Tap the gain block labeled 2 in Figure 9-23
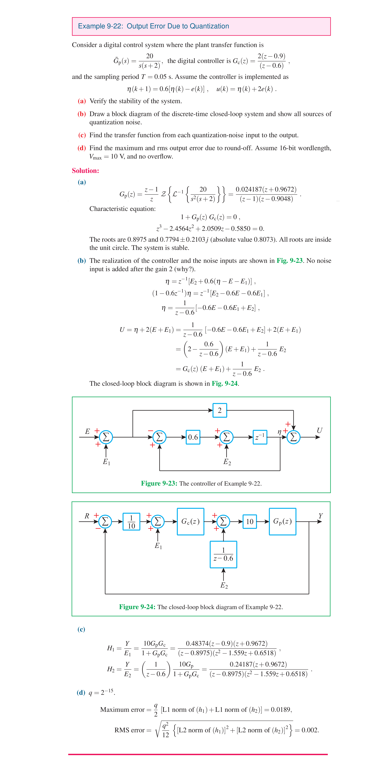[220, 410]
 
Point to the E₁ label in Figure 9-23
[106, 462]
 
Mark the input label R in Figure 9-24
[87, 516]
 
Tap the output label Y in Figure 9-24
[320, 516]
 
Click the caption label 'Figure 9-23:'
[159, 483]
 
